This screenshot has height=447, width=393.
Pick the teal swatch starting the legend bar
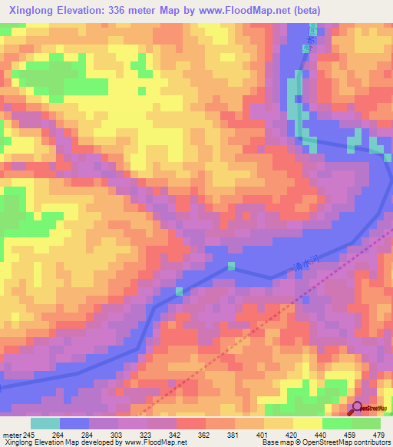tap(45, 423)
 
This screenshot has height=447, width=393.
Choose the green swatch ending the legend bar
tap(366, 423)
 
